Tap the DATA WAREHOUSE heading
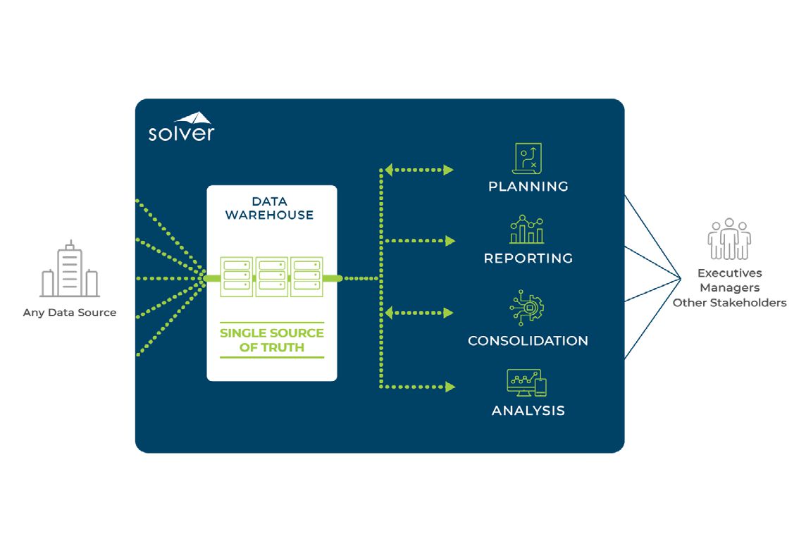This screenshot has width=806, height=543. pos(269,208)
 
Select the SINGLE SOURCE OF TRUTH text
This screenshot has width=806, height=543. pos(272,339)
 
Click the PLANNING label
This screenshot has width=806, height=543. pos(528,187)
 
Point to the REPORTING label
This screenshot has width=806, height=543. pos(528,258)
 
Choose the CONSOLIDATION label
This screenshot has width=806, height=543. pos(528,341)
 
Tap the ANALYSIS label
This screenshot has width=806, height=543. pos(528,411)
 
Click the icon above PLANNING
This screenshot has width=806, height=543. pos(528,158)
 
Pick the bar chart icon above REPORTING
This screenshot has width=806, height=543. pos(527,230)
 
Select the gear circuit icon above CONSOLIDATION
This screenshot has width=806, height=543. pos(527,308)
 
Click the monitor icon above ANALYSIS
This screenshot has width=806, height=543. pos(526,382)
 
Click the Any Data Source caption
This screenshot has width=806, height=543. pos(70,313)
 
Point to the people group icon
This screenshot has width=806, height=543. pos(729,239)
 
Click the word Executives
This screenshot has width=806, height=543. pos(729,273)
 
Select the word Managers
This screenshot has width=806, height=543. pos(729,288)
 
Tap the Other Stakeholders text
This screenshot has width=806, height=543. pos(729,303)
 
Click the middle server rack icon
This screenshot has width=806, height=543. pos(272,277)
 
